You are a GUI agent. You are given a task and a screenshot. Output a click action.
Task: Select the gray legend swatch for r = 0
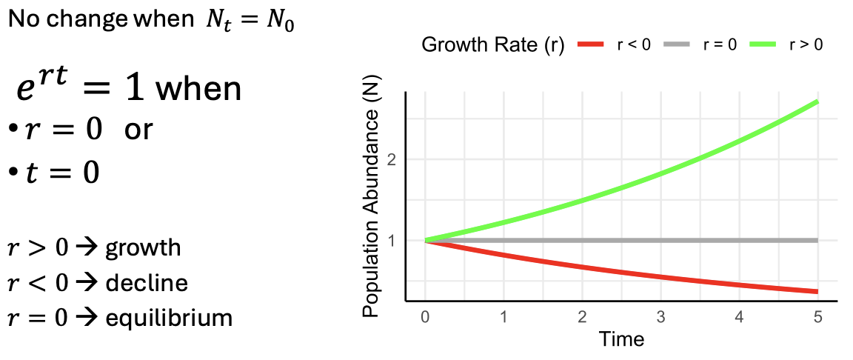click(680, 45)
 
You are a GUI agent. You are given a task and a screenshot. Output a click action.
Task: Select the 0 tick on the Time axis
click(425, 316)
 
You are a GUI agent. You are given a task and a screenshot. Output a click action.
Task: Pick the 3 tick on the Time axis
click(660, 316)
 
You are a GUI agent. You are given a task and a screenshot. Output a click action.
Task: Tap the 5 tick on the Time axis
click(817, 316)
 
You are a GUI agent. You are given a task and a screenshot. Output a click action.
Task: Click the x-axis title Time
click(622, 339)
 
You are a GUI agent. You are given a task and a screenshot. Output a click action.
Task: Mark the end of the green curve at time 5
click(817, 101)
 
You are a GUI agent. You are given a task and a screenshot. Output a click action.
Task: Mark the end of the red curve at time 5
click(817, 291)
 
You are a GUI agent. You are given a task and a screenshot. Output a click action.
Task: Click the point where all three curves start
click(425, 240)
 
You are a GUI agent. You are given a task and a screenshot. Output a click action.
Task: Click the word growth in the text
click(143, 247)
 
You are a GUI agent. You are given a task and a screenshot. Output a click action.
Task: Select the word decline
click(146, 283)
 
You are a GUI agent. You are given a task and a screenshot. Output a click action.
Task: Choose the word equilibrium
click(169, 319)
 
